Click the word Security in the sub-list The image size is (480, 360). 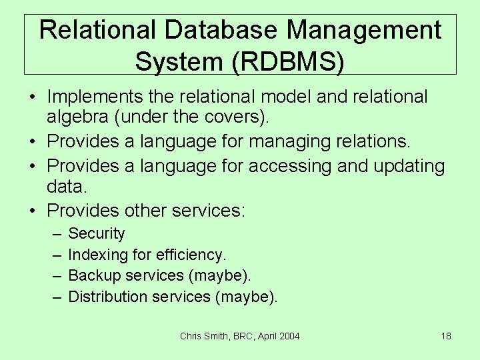coord(97,233)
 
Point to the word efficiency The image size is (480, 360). coord(191,255)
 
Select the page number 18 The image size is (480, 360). coord(446,336)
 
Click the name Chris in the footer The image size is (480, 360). coord(191,336)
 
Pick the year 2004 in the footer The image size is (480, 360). coord(289,336)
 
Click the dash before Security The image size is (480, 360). coord(54,233)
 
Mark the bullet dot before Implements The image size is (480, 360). coord(32,97)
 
